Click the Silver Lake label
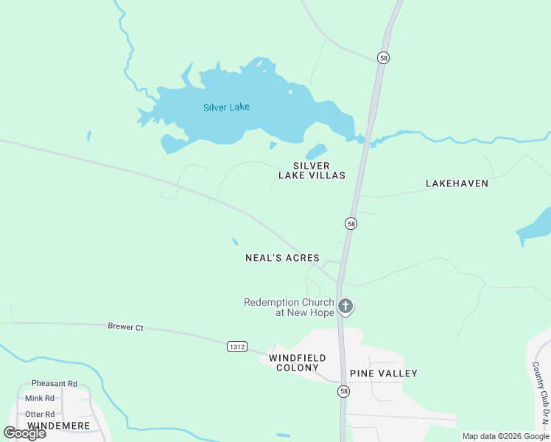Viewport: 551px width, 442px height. pos(226,107)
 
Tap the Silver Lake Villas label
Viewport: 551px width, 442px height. pos(312,171)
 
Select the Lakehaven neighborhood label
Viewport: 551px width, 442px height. pos(457,183)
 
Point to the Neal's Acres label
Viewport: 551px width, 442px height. pos(282,258)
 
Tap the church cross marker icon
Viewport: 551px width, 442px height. pos(345,306)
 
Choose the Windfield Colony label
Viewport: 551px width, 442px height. pos(294,362)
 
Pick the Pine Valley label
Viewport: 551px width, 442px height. pos(383,373)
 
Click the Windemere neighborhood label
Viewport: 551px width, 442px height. pos(58,426)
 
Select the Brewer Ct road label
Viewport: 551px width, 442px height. pos(125,326)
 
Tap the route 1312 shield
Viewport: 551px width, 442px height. pos(236,346)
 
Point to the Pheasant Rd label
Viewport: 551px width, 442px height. pos(54,384)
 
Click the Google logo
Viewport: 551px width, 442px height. pos(25,433)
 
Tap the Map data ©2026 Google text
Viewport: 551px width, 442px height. pos(505,436)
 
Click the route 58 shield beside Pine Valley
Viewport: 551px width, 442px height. pos(343,392)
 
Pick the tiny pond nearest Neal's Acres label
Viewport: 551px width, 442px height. pos(235,242)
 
